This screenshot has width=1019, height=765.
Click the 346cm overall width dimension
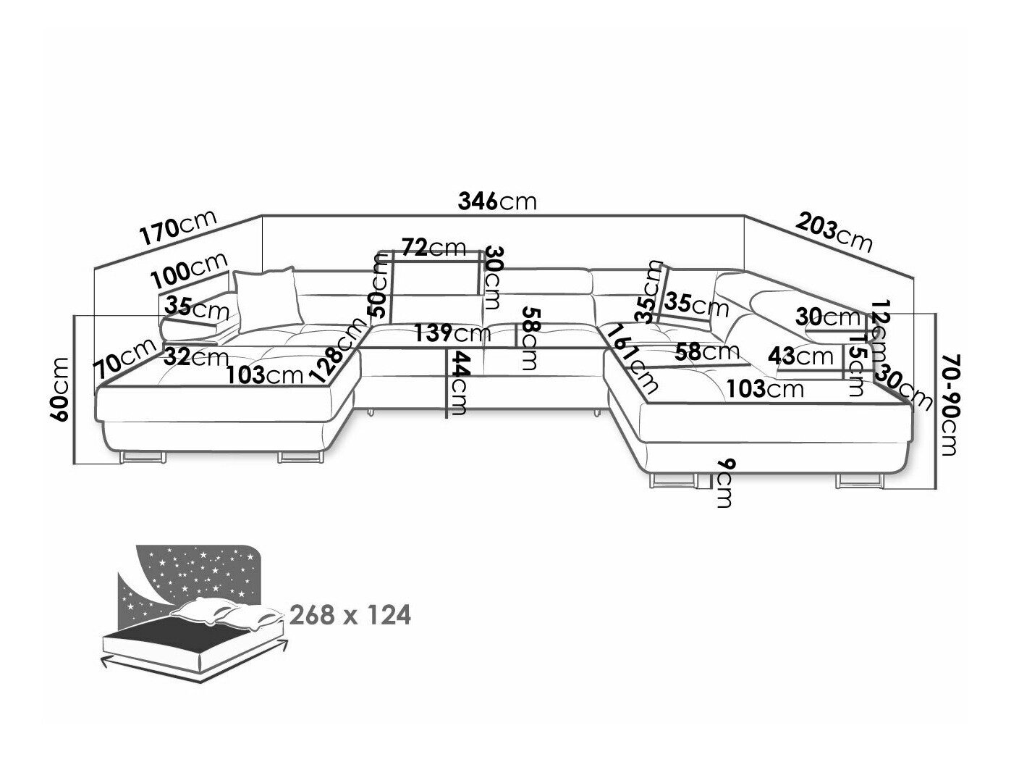[498, 201]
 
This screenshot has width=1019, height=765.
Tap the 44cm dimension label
[457, 382]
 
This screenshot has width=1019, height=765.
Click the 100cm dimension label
[190, 269]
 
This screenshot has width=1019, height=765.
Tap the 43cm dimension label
[802, 356]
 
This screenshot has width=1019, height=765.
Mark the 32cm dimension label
[195, 356]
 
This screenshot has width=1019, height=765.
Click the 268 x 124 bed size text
[350, 615]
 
